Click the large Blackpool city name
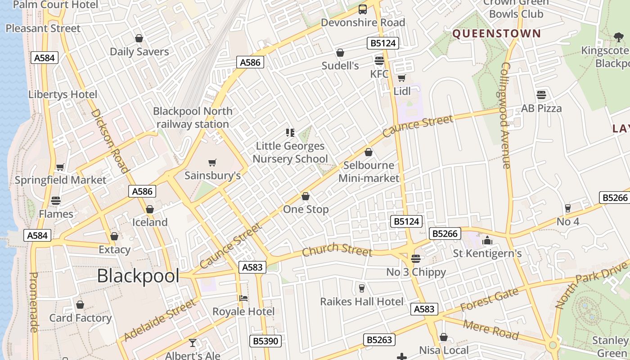click(x=138, y=276)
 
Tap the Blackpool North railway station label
click(x=193, y=117)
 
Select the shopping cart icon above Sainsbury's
click(x=212, y=162)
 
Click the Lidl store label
click(x=402, y=91)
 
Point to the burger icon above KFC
click(x=379, y=61)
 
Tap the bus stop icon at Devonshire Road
click(x=362, y=9)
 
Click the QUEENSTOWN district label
click(x=496, y=33)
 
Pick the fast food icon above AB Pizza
click(x=541, y=95)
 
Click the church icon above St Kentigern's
click(x=487, y=241)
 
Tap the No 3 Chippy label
click(x=416, y=272)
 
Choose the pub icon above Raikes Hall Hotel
click(x=361, y=288)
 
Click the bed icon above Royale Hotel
click(x=243, y=298)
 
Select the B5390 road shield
click(x=265, y=341)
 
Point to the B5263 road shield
click(x=379, y=340)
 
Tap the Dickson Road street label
click(x=110, y=140)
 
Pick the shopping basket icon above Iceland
click(x=150, y=209)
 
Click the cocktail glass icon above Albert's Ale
click(x=193, y=343)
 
